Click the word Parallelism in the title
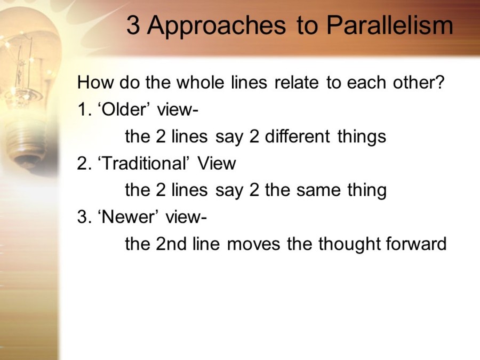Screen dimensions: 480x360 point(389,25)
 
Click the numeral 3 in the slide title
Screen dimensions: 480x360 point(133,26)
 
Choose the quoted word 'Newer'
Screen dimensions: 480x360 point(129,217)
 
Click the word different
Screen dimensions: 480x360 point(297,136)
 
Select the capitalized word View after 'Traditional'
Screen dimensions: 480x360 point(217,163)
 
